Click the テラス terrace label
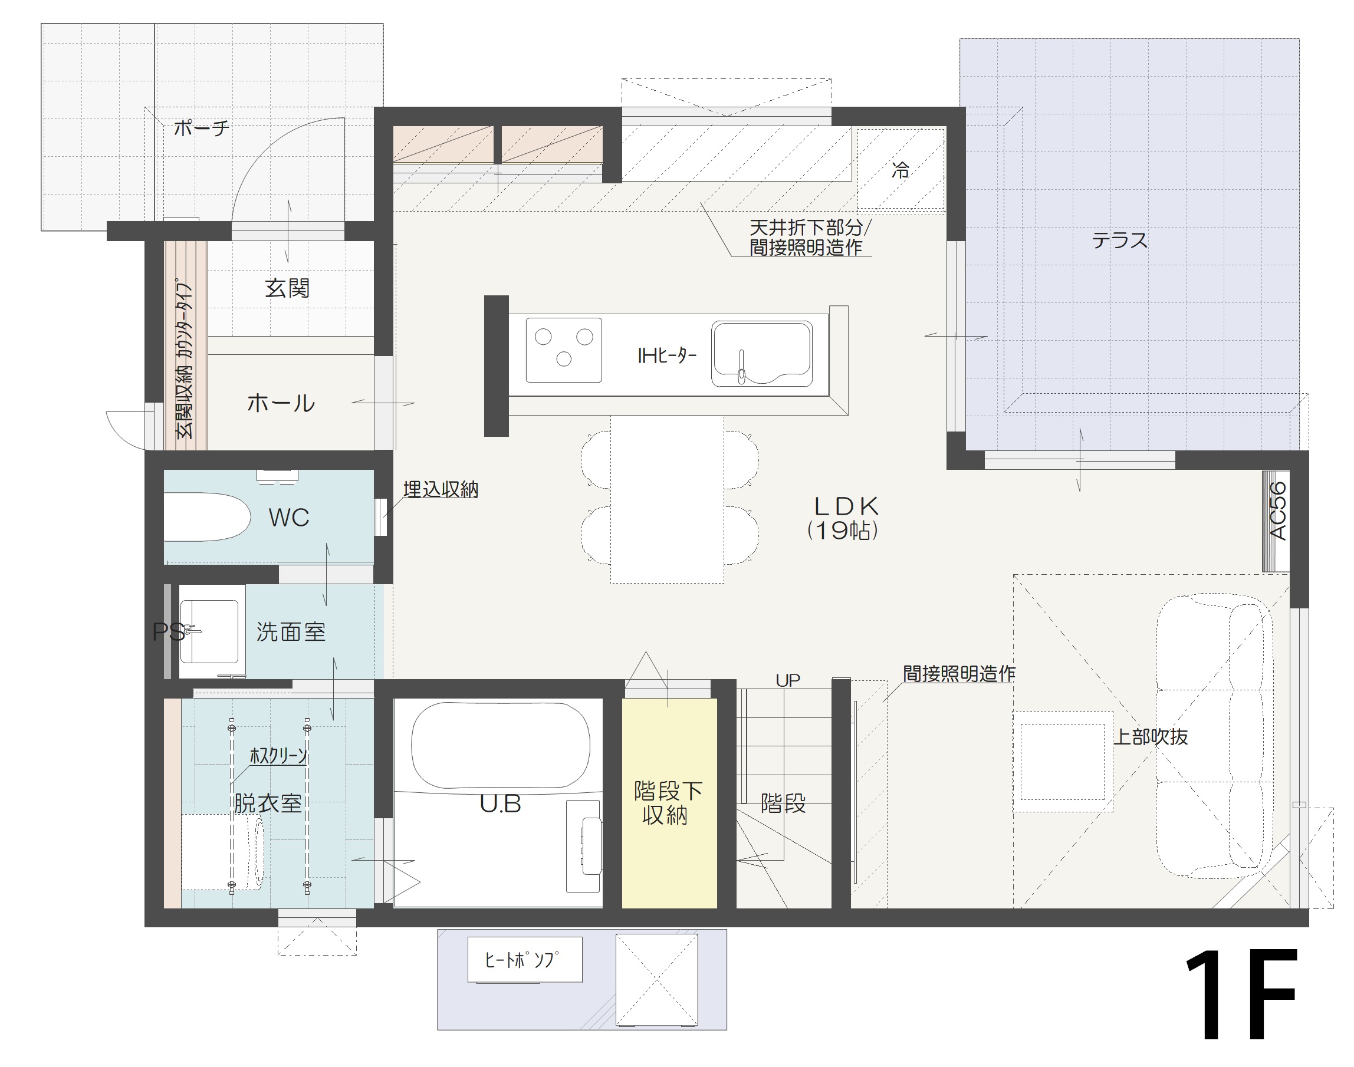tap(1120, 241)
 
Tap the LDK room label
tap(847, 506)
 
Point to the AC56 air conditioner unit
tap(1276, 521)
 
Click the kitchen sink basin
tap(762, 354)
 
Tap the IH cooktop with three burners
tap(564, 350)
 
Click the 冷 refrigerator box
tap(901, 169)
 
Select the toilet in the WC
tap(207, 517)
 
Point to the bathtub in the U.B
tap(501, 746)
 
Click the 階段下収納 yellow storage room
tap(669, 803)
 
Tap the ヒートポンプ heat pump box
tap(525, 960)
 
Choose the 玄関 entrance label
tap(287, 289)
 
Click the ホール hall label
tap(281, 404)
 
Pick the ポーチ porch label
tap(201, 128)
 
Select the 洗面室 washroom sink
tap(209, 631)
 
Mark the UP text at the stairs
tap(788, 680)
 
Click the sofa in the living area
tap(1214, 737)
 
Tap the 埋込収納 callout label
tap(441, 489)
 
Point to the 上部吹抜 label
tap(1151, 737)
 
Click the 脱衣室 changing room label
tap(268, 803)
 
